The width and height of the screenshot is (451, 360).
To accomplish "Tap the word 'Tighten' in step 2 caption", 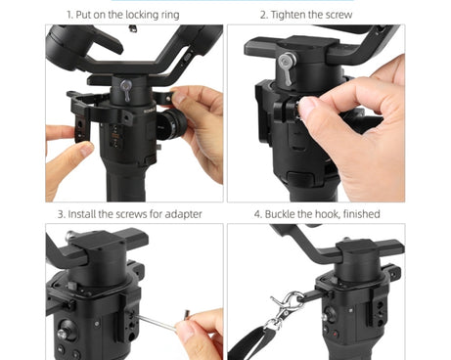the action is click(x=288, y=15).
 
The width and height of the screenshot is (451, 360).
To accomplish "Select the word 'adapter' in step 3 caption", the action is click(x=183, y=214).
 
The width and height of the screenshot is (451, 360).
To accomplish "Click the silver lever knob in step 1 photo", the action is click(x=126, y=89).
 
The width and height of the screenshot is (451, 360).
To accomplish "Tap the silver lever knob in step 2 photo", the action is click(x=288, y=67).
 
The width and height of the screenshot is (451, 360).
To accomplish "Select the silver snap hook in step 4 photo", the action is click(x=286, y=310).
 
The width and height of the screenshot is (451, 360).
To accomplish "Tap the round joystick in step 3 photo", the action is click(x=67, y=329).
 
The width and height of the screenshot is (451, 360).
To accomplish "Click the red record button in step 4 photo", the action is click(x=335, y=335).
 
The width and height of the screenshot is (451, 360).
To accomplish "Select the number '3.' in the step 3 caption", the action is click(x=62, y=214).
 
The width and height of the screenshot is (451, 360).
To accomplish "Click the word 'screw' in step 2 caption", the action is click(x=338, y=15).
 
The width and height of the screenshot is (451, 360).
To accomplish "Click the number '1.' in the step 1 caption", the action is click(x=70, y=15).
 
